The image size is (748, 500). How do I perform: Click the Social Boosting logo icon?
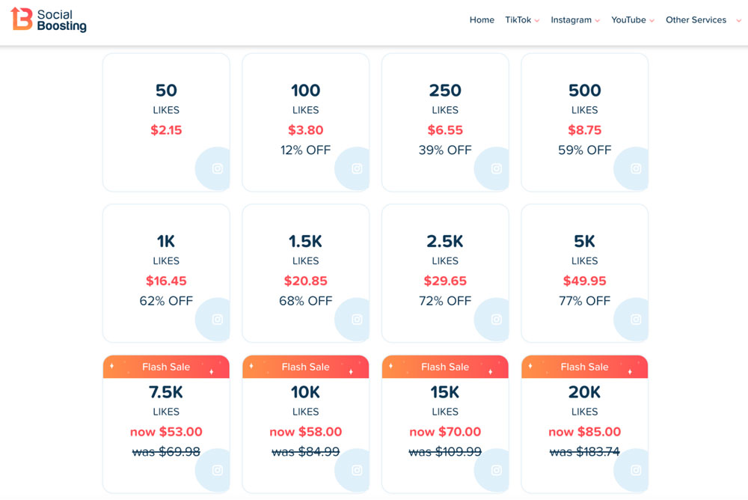22,19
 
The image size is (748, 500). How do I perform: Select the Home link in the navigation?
482,20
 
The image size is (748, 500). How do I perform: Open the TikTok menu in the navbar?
521,20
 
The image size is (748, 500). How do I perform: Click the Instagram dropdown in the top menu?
574,20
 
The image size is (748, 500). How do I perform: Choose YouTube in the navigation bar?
632,20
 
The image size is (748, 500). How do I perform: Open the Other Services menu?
702,20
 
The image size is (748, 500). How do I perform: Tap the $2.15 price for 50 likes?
166,130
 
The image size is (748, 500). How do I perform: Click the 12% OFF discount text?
305,150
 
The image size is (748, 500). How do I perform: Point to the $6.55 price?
445,130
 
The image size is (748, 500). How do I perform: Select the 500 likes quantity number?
584,91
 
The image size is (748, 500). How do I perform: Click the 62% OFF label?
166,302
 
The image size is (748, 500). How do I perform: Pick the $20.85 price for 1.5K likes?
305,281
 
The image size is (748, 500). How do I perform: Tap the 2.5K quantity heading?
445,242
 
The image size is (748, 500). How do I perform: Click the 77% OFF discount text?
584,302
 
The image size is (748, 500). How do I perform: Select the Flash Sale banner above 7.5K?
166,367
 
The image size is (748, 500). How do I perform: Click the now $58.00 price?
305,432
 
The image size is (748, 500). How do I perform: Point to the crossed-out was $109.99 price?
445,452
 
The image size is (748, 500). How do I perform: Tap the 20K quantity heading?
584,392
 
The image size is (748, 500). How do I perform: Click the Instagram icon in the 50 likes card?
218,169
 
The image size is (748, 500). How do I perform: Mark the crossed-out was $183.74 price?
584,452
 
